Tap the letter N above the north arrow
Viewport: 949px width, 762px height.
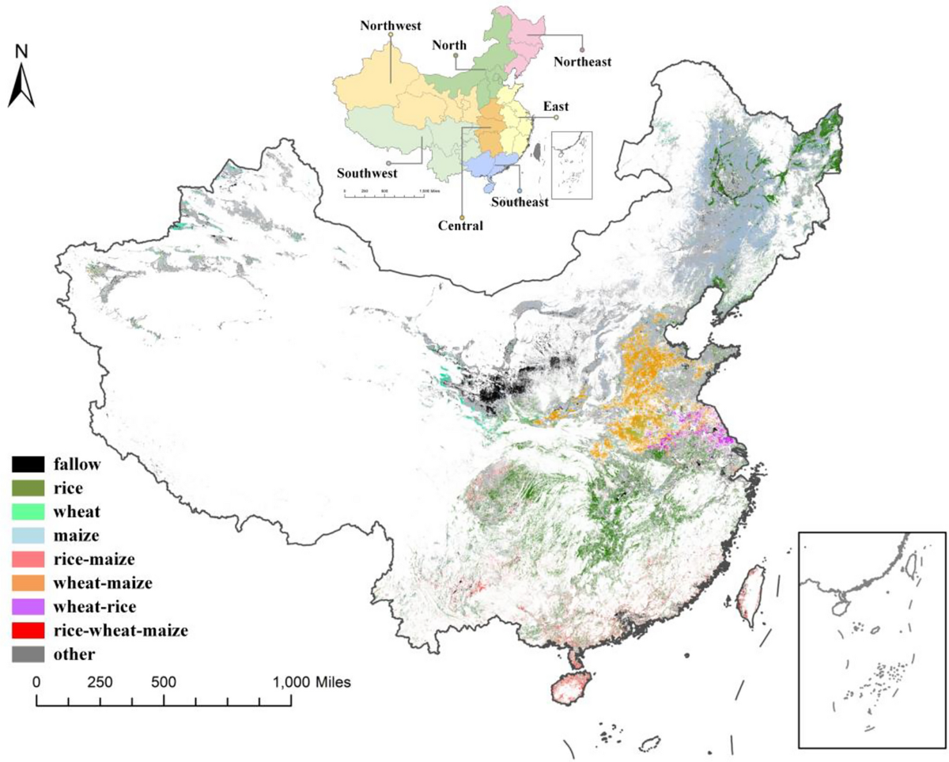[x=22, y=52]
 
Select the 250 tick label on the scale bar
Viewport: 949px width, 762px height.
[x=100, y=680]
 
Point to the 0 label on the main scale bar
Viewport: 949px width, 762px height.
[x=36, y=680]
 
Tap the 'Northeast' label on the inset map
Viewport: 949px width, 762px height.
[x=581, y=61]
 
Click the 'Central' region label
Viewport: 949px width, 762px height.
[x=460, y=226]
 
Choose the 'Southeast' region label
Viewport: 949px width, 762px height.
[x=520, y=201]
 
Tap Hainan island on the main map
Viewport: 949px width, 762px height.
[x=573, y=696]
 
